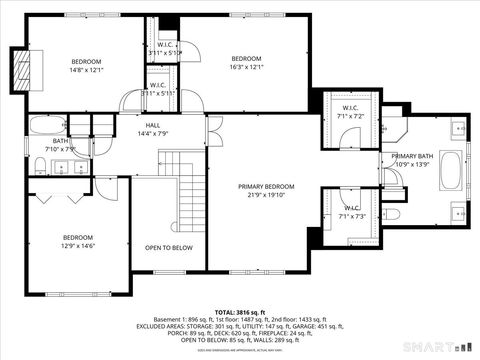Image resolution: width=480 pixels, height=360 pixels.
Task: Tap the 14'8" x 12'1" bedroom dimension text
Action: click(x=86, y=70)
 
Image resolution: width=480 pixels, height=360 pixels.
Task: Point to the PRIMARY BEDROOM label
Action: click(x=266, y=187)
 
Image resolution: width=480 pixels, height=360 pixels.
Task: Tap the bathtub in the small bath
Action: click(x=44, y=126)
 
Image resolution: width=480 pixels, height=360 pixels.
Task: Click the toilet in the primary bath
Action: click(x=394, y=215)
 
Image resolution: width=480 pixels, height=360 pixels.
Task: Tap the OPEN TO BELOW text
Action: click(x=168, y=247)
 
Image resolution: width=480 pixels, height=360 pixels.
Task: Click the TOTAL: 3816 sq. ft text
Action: click(x=240, y=313)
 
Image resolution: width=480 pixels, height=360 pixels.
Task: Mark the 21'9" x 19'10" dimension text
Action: click(x=266, y=196)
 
